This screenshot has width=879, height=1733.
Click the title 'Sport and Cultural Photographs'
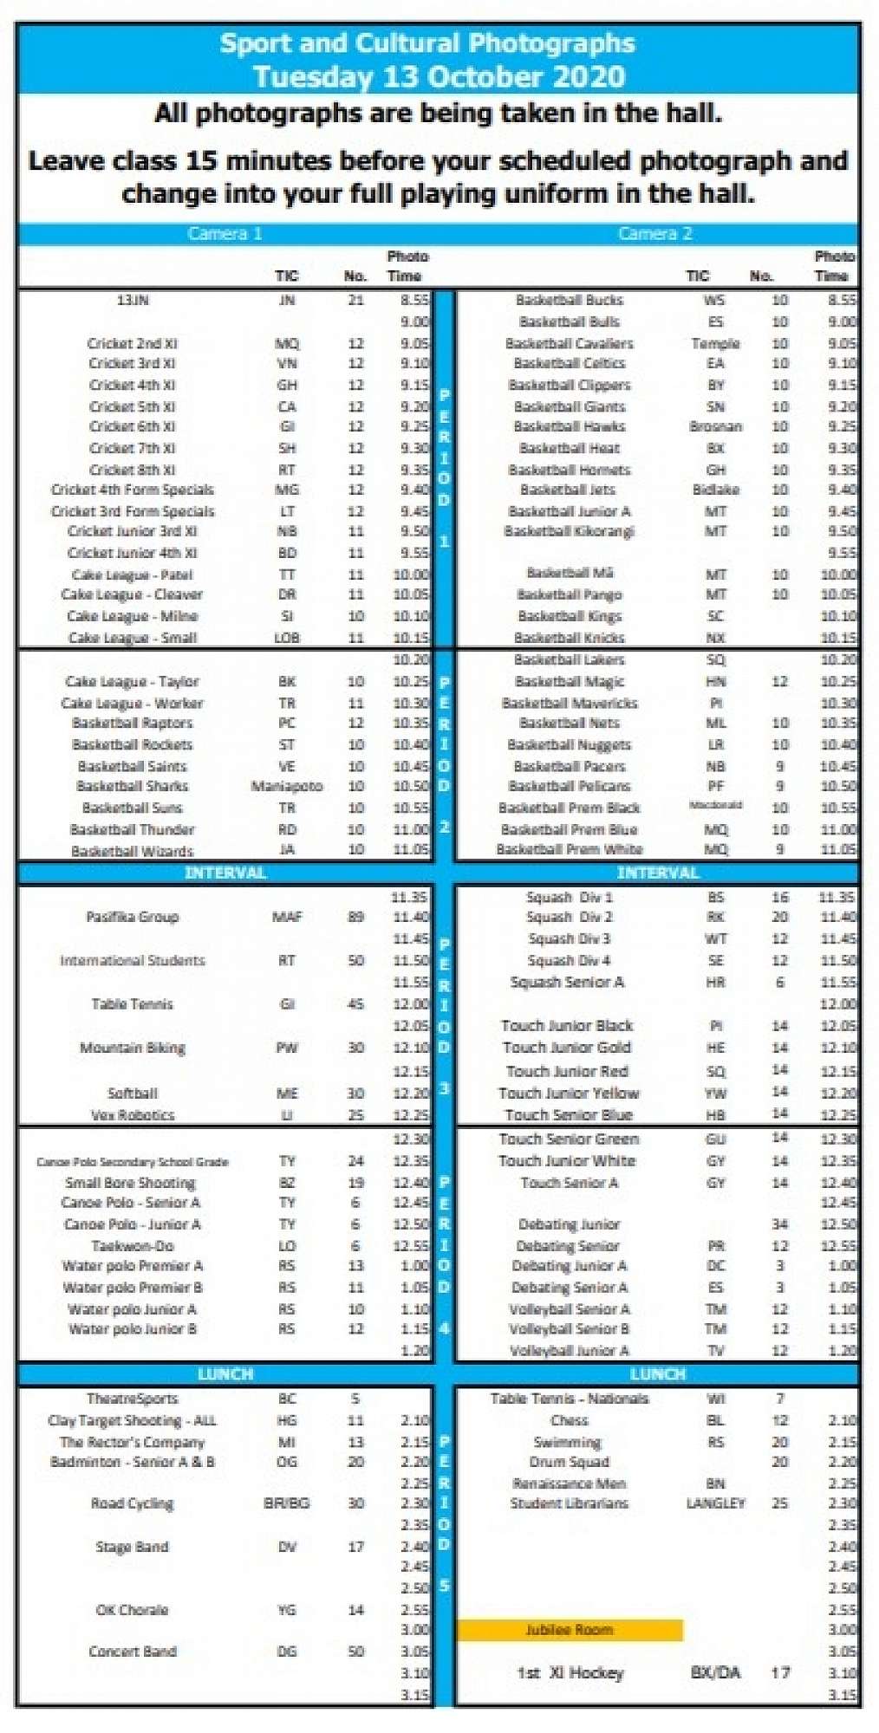427,43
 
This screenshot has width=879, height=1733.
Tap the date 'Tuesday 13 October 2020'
439,76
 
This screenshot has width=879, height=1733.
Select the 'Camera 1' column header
225,233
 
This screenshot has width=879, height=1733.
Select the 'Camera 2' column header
655,233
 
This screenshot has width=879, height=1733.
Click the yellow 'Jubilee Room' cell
570,1630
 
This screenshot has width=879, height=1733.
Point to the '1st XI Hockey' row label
570,1673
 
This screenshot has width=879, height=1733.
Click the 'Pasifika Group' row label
132,917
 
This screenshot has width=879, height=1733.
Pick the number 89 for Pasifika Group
355,917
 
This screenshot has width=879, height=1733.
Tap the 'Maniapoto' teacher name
287,787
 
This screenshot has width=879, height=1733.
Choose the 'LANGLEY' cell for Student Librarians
715,1503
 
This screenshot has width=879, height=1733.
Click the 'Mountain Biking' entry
132,1048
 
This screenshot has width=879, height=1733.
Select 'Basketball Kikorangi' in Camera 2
570,531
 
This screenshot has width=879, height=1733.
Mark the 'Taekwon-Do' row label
132,1246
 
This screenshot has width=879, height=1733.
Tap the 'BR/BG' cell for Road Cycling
287,1503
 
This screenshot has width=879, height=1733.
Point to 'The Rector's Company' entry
132,1443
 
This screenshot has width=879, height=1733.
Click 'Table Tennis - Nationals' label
570,1399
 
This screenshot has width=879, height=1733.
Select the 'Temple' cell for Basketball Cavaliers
715,343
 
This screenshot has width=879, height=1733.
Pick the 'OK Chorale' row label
132,1610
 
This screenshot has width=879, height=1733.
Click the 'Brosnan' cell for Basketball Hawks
715,426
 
